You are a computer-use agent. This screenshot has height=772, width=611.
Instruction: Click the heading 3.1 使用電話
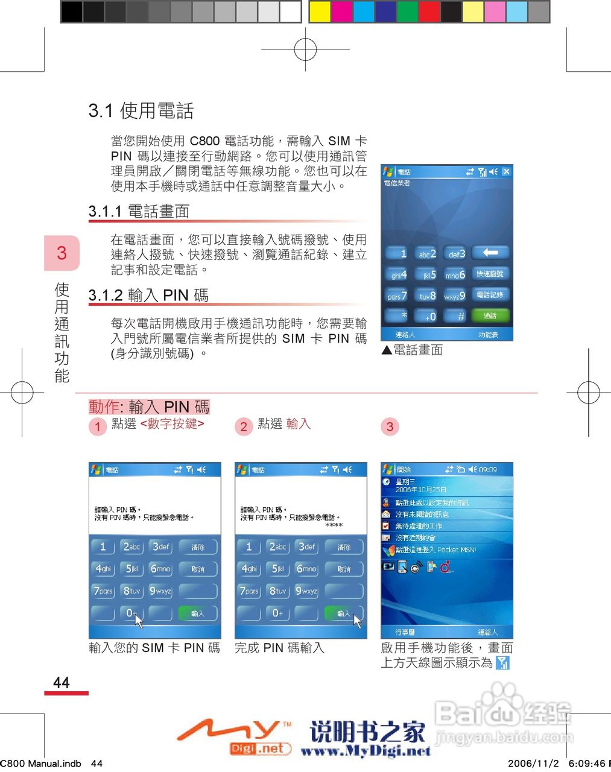[141, 110]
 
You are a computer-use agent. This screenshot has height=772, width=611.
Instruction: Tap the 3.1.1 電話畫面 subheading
[139, 211]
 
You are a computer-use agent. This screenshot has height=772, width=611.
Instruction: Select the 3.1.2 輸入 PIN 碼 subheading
[148, 295]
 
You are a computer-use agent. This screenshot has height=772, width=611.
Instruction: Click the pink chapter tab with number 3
[62, 253]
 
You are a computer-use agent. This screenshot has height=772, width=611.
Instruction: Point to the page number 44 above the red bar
[62, 682]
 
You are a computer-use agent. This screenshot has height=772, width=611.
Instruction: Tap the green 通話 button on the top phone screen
[490, 315]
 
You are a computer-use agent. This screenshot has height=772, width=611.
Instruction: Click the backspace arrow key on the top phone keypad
[490, 253]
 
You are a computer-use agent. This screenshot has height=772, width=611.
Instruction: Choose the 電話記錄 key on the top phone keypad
[490, 295]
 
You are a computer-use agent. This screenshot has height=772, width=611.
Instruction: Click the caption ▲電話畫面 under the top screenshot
[412, 350]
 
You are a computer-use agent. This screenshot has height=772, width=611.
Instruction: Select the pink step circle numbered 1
[98, 426]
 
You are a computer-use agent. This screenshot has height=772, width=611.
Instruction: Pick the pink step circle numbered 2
[244, 426]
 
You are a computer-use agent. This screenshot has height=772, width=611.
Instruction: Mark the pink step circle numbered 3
[390, 426]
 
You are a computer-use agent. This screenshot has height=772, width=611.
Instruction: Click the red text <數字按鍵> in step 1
[173, 424]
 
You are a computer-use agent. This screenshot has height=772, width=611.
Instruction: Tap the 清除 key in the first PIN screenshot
[198, 547]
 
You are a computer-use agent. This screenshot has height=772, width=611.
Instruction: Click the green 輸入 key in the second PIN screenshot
[343, 613]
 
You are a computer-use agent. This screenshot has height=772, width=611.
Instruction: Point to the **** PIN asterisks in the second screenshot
[334, 525]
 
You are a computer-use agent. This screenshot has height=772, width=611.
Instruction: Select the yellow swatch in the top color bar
[320, 11]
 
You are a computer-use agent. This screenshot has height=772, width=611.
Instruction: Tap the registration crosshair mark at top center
[306, 49]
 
